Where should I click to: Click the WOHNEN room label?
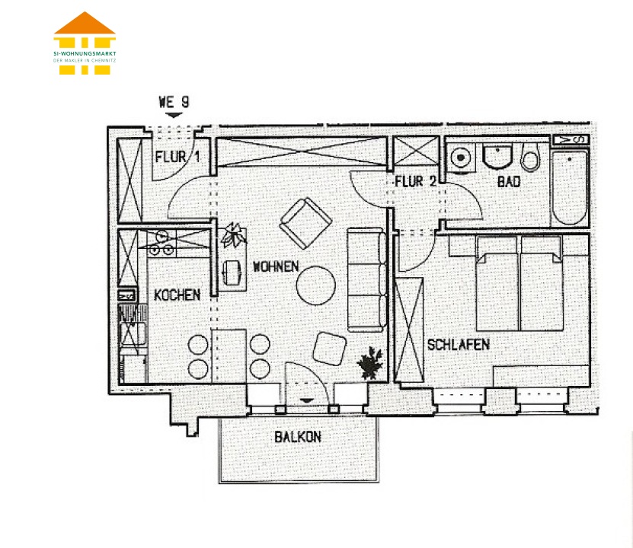point(276,266)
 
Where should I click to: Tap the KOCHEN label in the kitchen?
point(177,295)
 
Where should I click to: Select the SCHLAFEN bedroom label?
point(459,345)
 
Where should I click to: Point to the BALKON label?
point(298,437)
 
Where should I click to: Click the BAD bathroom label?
point(509,182)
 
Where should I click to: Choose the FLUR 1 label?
point(177,157)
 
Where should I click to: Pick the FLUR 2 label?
point(416,181)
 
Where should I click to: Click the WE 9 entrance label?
point(174,102)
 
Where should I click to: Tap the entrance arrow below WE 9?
point(174,116)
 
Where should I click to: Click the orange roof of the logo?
point(85,24)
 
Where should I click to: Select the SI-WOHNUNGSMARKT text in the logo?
point(85,53)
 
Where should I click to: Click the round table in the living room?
point(315,285)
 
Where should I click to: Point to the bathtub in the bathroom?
point(570,188)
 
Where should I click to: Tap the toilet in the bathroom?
point(530,157)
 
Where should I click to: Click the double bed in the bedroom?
point(520,283)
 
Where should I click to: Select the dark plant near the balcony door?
point(370,362)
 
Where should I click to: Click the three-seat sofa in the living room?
point(366,280)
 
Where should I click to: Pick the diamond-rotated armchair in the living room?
point(305,222)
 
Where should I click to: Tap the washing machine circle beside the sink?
point(460,158)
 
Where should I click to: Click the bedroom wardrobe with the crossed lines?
point(409,330)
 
